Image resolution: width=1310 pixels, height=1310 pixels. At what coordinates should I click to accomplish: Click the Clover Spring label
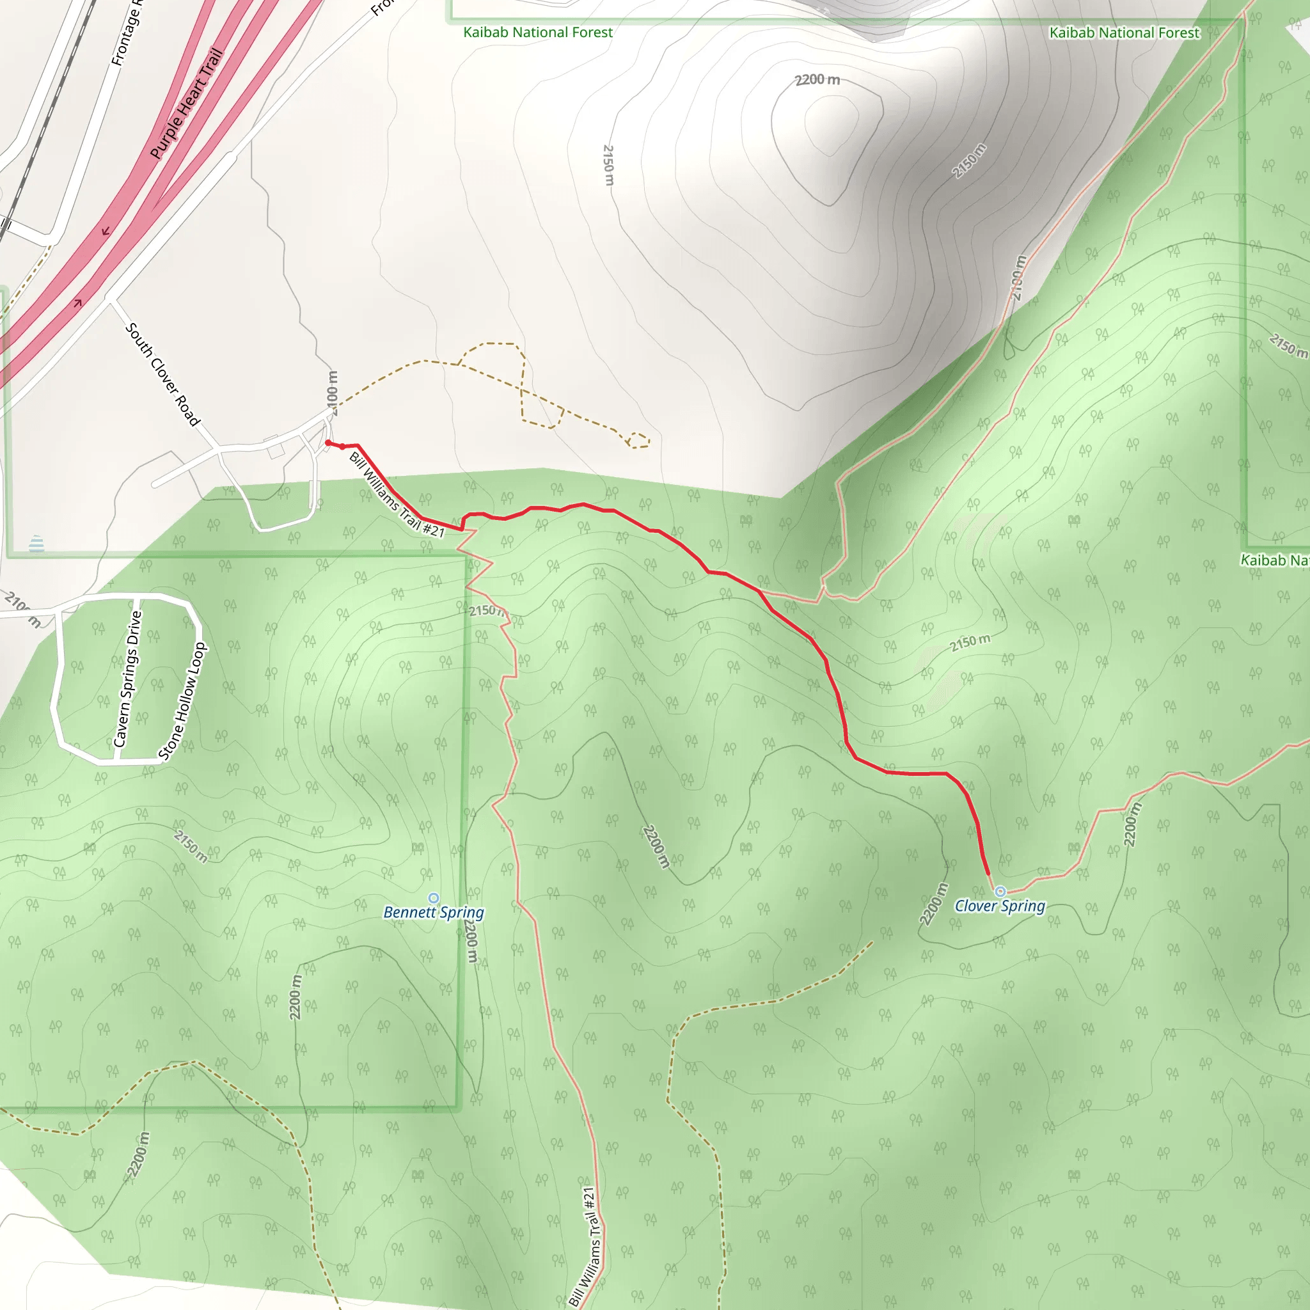1000,906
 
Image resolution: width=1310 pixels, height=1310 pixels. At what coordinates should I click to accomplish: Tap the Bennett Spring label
433,912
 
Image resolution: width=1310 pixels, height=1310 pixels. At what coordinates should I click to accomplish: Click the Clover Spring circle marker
1000,892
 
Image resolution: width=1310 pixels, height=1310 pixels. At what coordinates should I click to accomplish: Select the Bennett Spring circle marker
434,899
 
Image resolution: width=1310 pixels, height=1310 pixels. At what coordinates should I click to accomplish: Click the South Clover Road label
162,374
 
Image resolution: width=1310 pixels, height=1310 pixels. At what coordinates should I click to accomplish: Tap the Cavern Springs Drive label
127,679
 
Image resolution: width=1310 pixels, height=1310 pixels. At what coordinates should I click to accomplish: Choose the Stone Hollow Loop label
182,701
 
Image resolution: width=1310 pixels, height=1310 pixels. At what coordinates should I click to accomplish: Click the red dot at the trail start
328,443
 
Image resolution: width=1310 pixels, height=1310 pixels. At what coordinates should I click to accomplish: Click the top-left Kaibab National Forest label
538,33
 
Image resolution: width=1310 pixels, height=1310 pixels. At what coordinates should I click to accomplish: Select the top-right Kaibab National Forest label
1125,33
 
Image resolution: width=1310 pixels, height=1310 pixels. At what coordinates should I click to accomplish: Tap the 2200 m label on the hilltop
817,80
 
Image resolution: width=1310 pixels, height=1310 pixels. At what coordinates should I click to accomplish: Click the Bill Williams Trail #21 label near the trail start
397,495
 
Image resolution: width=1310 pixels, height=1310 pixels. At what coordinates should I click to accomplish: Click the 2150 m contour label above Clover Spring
970,642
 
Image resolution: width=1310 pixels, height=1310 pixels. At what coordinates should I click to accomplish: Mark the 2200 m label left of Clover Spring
934,904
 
